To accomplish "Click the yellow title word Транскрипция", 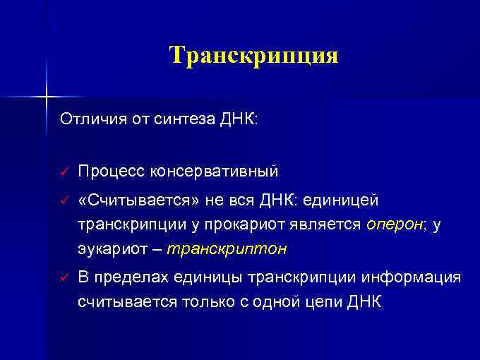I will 253,55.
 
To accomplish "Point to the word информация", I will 410,277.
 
